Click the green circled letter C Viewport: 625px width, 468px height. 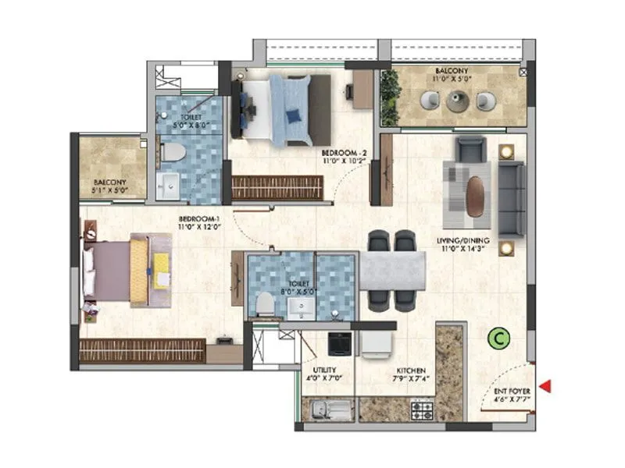(495, 339)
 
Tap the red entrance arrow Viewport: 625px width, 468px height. (546, 385)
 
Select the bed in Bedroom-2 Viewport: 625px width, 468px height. (281, 109)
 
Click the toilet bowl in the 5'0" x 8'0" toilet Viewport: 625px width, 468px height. (173, 151)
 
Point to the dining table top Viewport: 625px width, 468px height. (391, 271)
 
